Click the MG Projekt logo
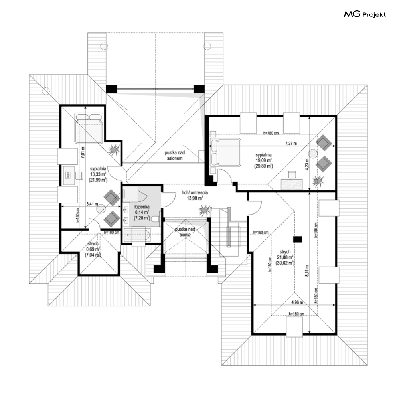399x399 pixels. (365, 15)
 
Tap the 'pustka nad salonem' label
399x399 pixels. (175, 156)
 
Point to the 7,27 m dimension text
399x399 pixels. (291, 143)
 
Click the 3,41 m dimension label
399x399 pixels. (93, 204)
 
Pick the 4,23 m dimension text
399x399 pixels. (307, 166)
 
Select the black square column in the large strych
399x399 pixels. (297, 239)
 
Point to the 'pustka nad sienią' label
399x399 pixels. (185, 231)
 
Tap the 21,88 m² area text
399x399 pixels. (285, 257)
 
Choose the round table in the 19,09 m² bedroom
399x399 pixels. (312, 153)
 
